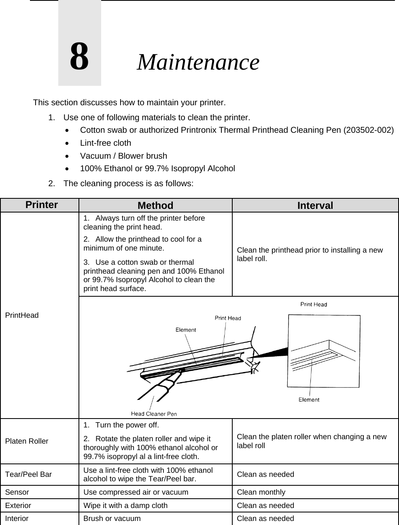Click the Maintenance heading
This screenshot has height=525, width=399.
(x=198, y=62)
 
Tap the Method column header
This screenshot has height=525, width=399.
(x=155, y=206)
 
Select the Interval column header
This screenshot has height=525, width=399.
(x=315, y=206)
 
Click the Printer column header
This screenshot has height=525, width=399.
(x=41, y=205)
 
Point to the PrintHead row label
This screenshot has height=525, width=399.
(x=22, y=315)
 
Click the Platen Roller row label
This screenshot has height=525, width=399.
(x=26, y=441)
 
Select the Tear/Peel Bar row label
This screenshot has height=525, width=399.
(x=28, y=474)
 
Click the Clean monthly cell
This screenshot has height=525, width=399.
(x=261, y=492)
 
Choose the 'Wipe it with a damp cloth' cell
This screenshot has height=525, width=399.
(x=125, y=506)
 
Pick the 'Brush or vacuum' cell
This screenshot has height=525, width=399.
(x=112, y=519)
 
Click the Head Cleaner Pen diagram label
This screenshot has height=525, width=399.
(x=154, y=414)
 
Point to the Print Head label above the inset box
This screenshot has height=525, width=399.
(x=314, y=304)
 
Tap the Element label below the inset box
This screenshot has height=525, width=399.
(x=309, y=400)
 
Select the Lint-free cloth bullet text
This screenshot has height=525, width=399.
(x=106, y=143)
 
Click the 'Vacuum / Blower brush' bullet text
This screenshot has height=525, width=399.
(x=123, y=156)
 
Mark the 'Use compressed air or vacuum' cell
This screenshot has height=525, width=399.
(x=136, y=492)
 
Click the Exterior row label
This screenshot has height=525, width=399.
(x=18, y=506)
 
